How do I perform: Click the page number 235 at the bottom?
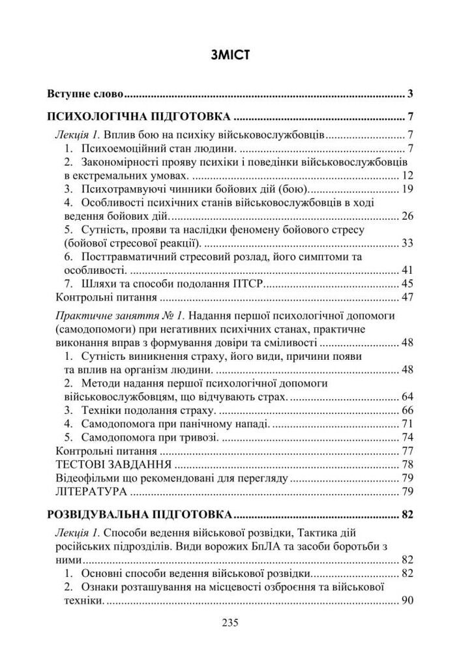click(230, 622)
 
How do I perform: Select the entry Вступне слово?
click(85, 94)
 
